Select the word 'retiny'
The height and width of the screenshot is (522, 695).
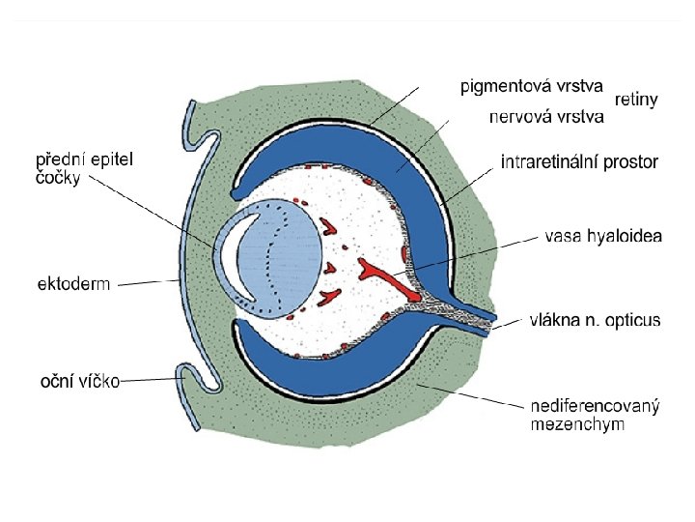point(636,100)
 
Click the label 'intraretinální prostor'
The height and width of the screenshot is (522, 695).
point(579,162)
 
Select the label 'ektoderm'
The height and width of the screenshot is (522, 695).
point(73,284)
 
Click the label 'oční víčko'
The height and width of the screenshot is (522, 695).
point(78,381)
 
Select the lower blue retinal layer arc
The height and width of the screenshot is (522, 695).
point(319,362)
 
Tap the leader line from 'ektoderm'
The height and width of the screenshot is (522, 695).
point(145,282)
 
